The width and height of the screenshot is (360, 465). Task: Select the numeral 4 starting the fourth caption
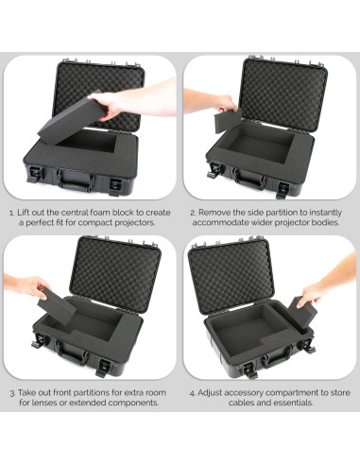click(x=192, y=390)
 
